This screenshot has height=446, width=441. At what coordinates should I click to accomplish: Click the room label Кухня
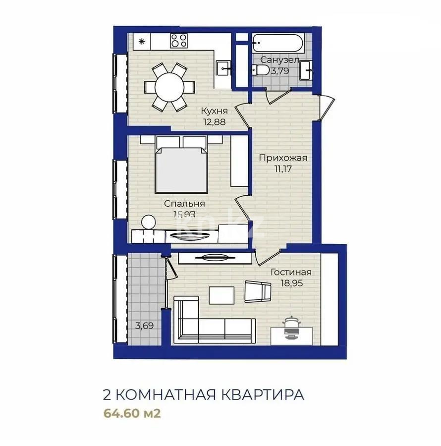[x=214, y=111]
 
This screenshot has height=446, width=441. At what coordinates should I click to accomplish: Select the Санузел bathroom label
[x=280, y=60]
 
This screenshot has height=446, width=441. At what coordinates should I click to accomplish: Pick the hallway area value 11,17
[x=284, y=168]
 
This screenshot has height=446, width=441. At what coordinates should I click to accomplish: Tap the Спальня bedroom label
[x=184, y=204]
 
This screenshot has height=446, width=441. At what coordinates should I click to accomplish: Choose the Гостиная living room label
[x=291, y=272]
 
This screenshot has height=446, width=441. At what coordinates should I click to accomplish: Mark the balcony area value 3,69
[x=144, y=326]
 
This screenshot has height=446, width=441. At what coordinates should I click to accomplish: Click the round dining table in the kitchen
[x=169, y=87]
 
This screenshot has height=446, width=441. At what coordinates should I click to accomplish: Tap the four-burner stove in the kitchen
[x=179, y=41]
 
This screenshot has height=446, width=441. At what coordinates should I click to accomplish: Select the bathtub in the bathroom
[x=277, y=44]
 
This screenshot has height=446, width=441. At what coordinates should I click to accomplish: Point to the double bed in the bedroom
[x=181, y=167]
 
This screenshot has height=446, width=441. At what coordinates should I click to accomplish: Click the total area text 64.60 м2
[x=132, y=413]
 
